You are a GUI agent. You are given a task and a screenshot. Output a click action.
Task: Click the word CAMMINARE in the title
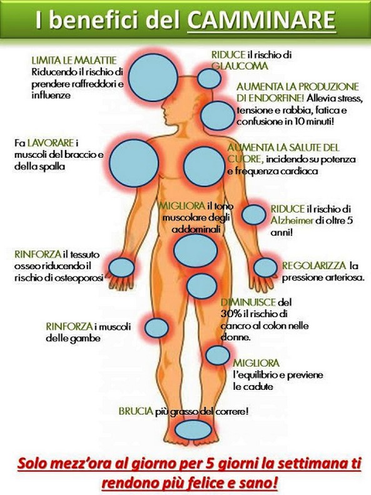(262, 20)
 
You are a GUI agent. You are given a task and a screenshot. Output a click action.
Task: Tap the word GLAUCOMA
(240, 66)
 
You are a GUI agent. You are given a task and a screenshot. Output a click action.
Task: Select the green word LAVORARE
(51, 143)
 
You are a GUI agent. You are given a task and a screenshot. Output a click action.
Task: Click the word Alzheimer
(292, 220)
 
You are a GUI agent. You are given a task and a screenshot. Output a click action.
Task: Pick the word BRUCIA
(136, 411)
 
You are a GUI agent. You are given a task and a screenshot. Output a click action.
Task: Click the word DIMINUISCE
(248, 302)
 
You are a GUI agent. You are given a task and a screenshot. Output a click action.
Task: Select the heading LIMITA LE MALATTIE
(74, 60)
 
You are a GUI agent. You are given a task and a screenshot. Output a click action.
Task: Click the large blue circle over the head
(153, 78)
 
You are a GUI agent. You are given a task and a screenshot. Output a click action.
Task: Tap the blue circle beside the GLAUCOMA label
(209, 78)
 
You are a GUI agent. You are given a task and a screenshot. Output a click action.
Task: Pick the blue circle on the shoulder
(134, 163)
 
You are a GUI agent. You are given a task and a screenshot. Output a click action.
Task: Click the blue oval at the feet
(193, 430)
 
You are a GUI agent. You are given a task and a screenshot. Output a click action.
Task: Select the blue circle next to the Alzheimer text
(254, 215)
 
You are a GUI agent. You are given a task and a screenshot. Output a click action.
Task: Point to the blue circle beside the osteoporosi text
(121, 267)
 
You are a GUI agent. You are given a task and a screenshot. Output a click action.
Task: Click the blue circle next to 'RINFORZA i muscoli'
(156, 327)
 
